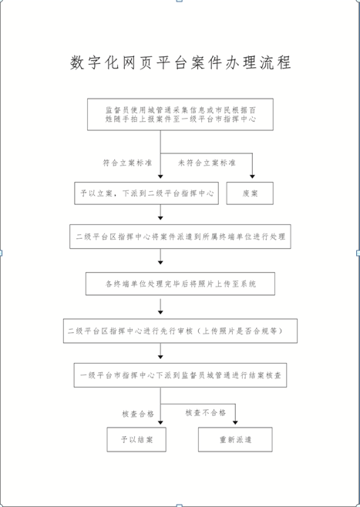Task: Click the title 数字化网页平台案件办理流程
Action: (x=180, y=62)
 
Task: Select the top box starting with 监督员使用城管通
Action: (x=180, y=115)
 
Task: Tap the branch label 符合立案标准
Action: (x=127, y=163)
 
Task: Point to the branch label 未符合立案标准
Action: (x=207, y=163)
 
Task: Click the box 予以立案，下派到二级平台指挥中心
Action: (x=146, y=193)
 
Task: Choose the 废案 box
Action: (x=250, y=193)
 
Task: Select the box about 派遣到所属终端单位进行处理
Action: (x=180, y=237)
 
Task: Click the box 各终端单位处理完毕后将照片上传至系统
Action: (x=180, y=284)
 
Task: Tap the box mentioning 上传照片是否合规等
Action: (x=180, y=331)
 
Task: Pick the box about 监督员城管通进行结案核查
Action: (x=180, y=375)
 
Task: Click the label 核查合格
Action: (x=138, y=414)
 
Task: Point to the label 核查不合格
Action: (x=205, y=412)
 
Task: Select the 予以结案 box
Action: (x=136, y=439)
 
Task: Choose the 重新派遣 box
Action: (x=235, y=439)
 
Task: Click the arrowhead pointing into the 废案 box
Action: (x=252, y=176)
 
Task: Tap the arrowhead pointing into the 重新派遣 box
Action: (x=235, y=422)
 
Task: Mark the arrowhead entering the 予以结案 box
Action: (x=160, y=422)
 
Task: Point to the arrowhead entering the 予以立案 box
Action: (x=160, y=176)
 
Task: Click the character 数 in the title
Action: (x=77, y=62)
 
